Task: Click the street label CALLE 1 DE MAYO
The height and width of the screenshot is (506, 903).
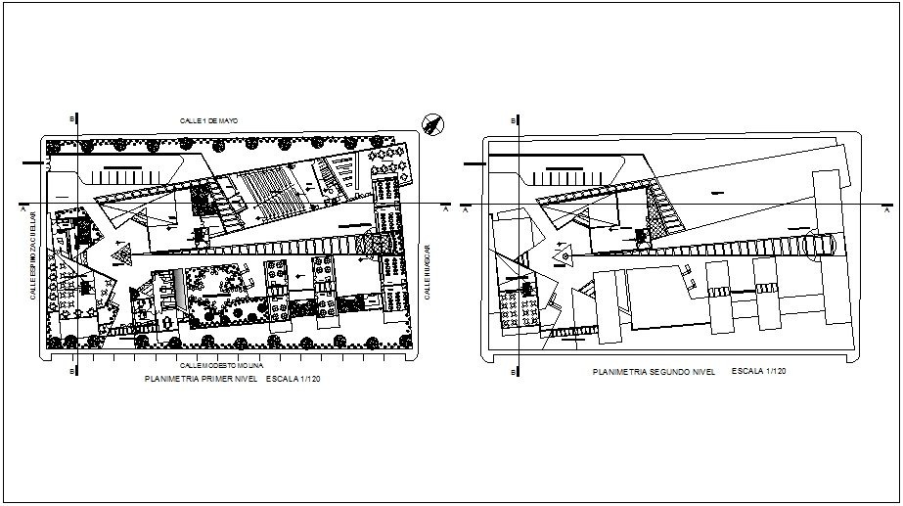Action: (208, 120)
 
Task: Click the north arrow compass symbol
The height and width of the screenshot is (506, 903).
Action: (431, 122)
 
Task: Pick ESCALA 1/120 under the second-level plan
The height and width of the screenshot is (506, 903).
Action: (759, 372)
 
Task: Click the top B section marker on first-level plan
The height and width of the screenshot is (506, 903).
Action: (72, 119)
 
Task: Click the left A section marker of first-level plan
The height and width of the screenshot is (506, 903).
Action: (22, 208)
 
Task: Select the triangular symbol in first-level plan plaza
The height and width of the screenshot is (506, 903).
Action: (124, 256)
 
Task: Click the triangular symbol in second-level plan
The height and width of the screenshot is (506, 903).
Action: (565, 256)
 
